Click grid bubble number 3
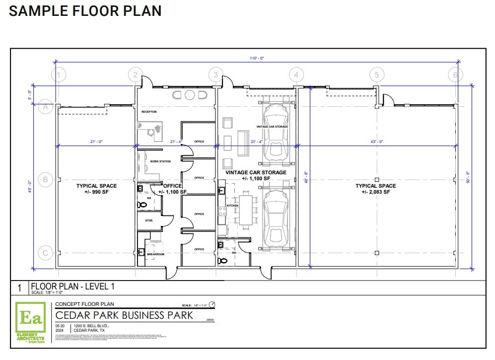point(215,75)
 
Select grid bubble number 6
point(455,75)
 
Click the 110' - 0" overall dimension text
point(257,58)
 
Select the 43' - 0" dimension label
point(377,142)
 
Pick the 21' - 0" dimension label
point(96,142)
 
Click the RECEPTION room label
point(149,112)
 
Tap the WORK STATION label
point(160,161)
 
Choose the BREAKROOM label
point(155,254)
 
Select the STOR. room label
point(149,220)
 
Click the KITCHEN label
point(232,206)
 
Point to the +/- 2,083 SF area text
point(376,192)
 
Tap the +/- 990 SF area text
point(97,192)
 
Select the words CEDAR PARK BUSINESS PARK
point(124,315)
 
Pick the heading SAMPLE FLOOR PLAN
point(85,11)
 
